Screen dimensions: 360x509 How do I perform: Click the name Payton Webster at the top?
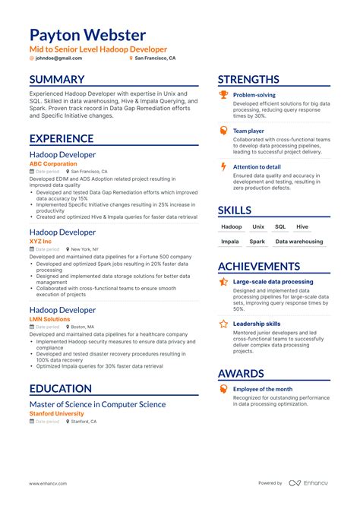(x=87, y=35)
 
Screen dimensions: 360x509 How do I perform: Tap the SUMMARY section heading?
(x=57, y=80)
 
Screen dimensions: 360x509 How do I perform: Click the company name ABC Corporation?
(x=52, y=163)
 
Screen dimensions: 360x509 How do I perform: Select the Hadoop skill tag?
(x=231, y=226)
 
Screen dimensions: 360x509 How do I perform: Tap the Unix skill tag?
(x=258, y=226)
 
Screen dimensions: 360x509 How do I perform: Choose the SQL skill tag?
(x=280, y=226)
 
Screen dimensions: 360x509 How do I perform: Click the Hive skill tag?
(x=302, y=226)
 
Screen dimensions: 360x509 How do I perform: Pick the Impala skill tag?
(x=229, y=242)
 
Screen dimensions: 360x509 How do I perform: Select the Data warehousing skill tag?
(x=298, y=242)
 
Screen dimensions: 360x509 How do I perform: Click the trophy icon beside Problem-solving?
(x=223, y=96)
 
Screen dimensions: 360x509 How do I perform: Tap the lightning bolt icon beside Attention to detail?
(x=223, y=166)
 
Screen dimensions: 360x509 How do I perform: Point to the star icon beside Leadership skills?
(x=223, y=324)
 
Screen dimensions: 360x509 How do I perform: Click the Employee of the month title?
(x=262, y=389)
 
